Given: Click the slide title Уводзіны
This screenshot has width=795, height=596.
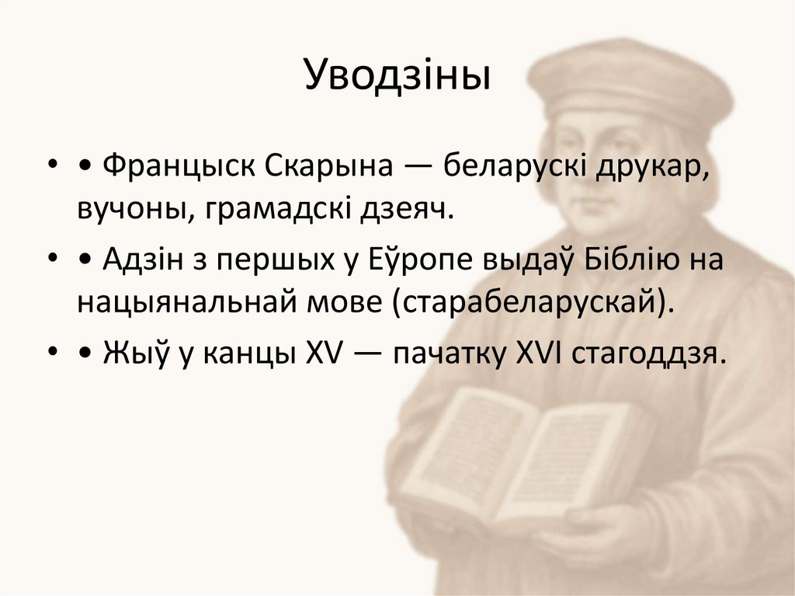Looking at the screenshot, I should [397, 76].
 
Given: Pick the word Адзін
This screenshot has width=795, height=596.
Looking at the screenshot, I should [144, 259].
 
